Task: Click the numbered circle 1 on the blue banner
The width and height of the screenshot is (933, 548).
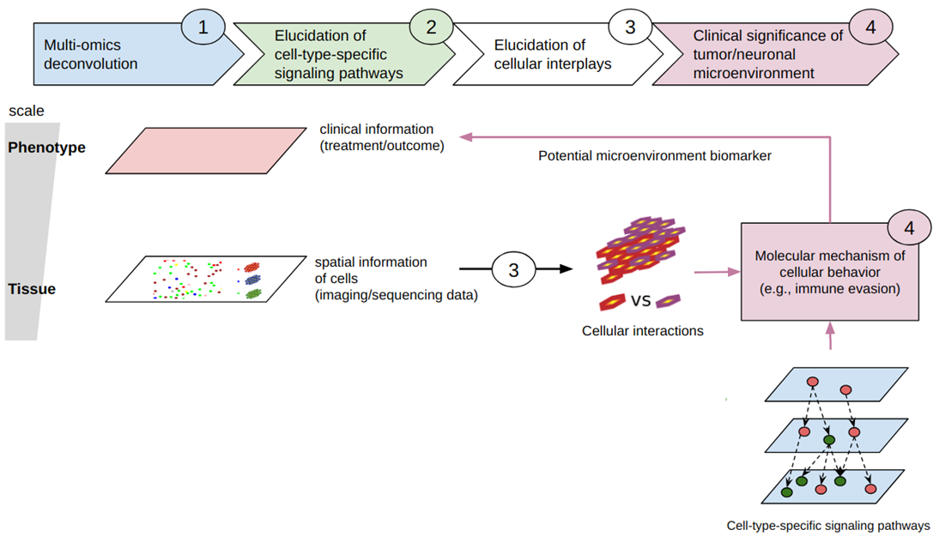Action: [203, 27]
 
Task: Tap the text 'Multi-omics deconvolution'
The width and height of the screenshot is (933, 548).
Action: [90, 53]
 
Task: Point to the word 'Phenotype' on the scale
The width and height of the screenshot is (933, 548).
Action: [46, 148]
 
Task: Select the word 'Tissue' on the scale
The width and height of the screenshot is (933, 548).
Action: [32, 289]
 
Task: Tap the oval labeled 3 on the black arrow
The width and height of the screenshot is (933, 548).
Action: [514, 270]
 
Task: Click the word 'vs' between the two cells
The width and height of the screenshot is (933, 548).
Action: [639, 301]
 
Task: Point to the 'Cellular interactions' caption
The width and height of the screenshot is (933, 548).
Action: [641, 330]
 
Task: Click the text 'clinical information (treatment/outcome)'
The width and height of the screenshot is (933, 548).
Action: [382, 138]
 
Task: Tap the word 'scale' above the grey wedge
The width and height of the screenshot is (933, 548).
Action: [26, 111]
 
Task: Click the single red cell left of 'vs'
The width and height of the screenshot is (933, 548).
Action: [614, 302]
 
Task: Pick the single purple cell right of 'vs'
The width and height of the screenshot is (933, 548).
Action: [669, 300]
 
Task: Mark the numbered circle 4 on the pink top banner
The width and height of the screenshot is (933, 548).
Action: [870, 27]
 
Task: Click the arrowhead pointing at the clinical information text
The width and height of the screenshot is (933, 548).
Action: [465, 135]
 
